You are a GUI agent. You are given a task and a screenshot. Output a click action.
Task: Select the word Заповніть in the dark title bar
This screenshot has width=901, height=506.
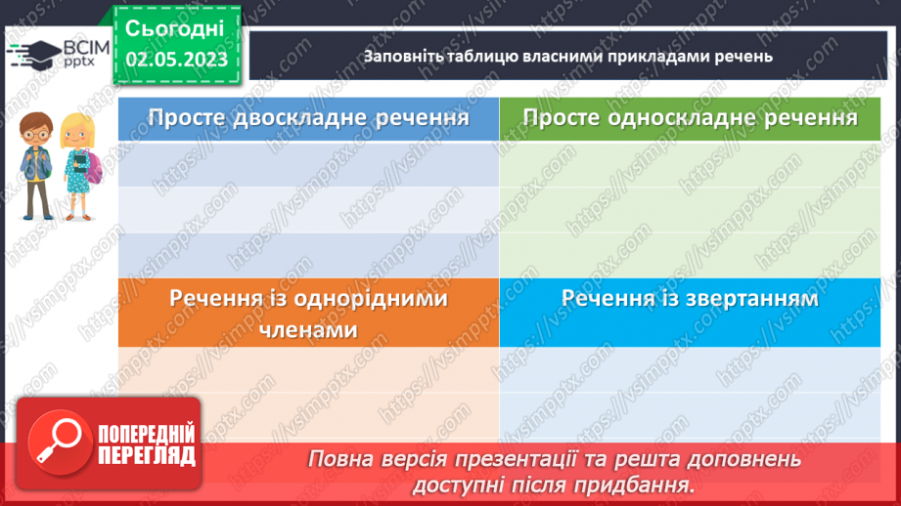point(402,56)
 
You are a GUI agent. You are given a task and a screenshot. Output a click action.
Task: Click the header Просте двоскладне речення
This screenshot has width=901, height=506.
point(308,118)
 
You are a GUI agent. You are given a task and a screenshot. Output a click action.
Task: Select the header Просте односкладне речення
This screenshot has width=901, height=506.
point(690,118)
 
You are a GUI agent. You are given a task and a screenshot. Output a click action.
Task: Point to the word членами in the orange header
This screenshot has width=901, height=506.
point(308,330)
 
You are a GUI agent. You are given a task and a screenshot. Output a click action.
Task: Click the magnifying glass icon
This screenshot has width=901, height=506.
point(55,444)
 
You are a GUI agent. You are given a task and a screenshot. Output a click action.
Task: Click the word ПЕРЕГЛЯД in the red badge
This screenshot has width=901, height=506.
point(147,455)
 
